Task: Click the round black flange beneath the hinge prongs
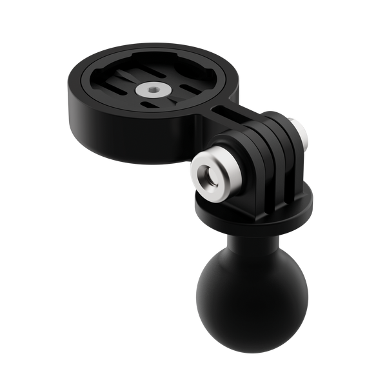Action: (257, 206)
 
